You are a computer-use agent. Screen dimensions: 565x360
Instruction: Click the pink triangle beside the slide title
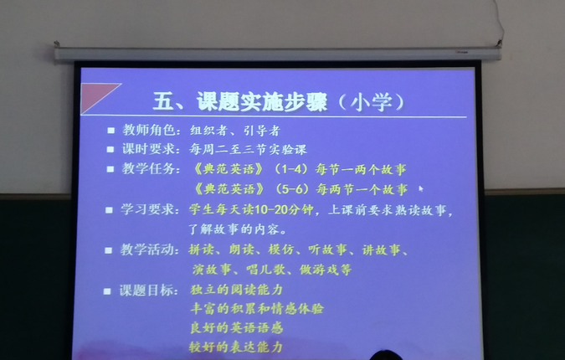(x=95, y=95)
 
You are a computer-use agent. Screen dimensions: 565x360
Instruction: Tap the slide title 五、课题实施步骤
(x=240, y=101)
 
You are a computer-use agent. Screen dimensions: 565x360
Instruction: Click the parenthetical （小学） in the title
(x=372, y=102)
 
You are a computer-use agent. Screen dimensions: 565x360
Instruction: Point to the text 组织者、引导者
(x=235, y=131)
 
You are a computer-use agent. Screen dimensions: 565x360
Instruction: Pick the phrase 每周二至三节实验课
(x=248, y=149)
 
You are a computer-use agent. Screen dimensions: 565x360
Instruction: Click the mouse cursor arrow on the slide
(x=421, y=188)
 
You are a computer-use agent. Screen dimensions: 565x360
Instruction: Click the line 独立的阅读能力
(x=236, y=290)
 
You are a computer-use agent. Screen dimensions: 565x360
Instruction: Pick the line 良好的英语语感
(x=236, y=327)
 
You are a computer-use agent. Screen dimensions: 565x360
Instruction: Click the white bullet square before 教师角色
(x=110, y=131)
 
